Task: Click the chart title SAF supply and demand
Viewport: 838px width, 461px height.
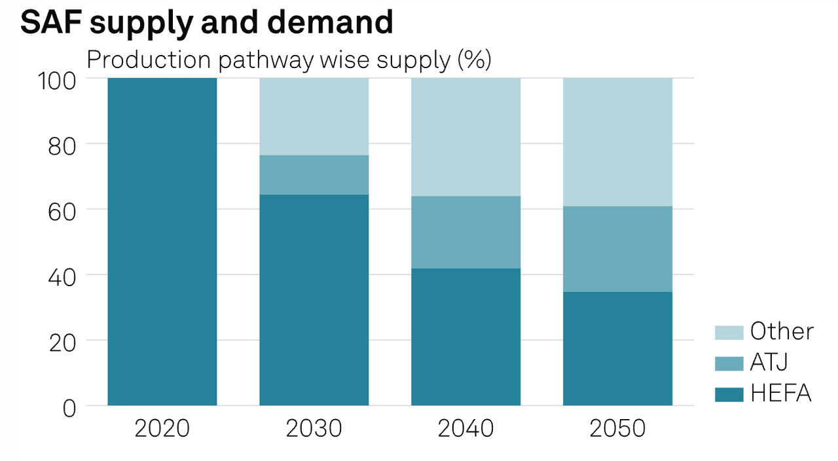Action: click(x=206, y=23)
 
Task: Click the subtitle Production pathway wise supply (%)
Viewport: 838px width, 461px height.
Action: click(x=289, y=60)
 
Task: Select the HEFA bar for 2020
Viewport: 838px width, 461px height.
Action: click(x=162, y=242)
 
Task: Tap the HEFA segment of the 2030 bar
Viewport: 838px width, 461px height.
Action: click(x=314, y=300)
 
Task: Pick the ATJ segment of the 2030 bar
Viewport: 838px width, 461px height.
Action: click(x=314, y=175)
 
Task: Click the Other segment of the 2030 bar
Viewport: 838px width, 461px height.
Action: click(x=314, y=117)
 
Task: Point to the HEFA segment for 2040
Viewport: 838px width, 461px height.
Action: click(x=465, y=337)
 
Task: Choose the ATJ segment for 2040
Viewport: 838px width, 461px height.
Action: click(x=465, y=232)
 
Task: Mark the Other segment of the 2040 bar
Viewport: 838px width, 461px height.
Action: click(x=465, y=137)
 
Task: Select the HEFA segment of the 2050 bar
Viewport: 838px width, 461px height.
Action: click(x=617, y=348)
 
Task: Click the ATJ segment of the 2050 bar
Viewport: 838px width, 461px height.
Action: click(x=617, y=249)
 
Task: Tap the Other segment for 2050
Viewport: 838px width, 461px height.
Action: click(x=617, y=142)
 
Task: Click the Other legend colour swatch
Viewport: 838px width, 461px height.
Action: click(x=729, y=332)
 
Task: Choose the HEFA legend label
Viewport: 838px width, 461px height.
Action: click(x=781, y=394)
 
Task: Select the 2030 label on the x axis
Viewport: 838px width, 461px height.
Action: click(x=314, y=429)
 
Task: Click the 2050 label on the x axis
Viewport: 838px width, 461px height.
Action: click(x=617, y=429)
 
